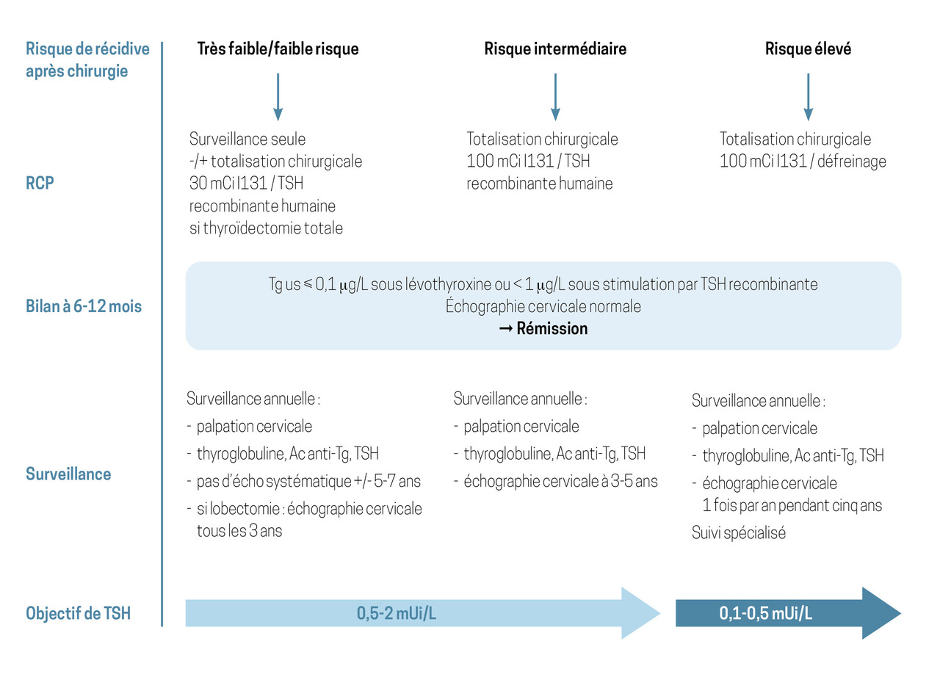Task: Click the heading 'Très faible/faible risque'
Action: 278,48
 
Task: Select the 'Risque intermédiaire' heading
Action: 555,48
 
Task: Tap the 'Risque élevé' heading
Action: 809,48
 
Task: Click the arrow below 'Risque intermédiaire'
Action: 555,97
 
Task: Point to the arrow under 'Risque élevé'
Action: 809,97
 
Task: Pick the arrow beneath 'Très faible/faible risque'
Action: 278,97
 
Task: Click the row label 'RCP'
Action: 40,183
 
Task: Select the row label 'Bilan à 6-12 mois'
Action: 84,306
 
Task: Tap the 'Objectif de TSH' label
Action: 78,613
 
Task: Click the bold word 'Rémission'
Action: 552,328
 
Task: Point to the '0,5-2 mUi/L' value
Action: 396,613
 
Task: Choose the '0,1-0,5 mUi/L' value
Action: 765,613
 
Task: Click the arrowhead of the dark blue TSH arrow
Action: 900,613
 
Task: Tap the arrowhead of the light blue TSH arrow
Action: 659,613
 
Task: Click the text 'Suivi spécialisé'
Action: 739,532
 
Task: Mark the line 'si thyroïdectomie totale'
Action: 266,228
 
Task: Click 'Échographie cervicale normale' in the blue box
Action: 543,306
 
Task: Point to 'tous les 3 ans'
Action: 239,531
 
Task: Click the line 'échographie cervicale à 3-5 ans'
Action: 560,481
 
